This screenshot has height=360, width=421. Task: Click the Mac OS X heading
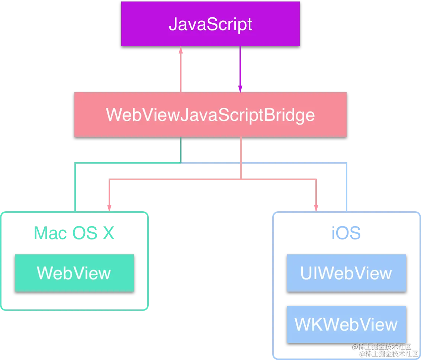pyautogui.click(x=74, y=234)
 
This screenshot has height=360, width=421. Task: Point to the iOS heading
pyautogui.click(x=346, y=234)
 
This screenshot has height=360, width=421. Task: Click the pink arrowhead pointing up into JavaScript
pyautogui.click(x=181, y=50)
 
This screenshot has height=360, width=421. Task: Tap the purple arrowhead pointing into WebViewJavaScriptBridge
pyautogui.click(x=240, y=88)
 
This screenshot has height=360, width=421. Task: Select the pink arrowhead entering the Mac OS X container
pyautogui.click(x=109, y=207)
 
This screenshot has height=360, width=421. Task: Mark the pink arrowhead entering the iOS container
pyautogui.click(x=316, y=207)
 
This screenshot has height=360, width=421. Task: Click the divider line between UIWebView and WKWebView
pyautogui.click(x=346, y=304)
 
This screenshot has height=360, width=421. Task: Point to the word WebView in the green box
pyautogui.click(x=74, y=273)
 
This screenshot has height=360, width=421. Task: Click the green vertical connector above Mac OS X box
pyautogui.click(x=76, y=186)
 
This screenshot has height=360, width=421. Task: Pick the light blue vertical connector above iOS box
pyautogui.click(x=347, y=186)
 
